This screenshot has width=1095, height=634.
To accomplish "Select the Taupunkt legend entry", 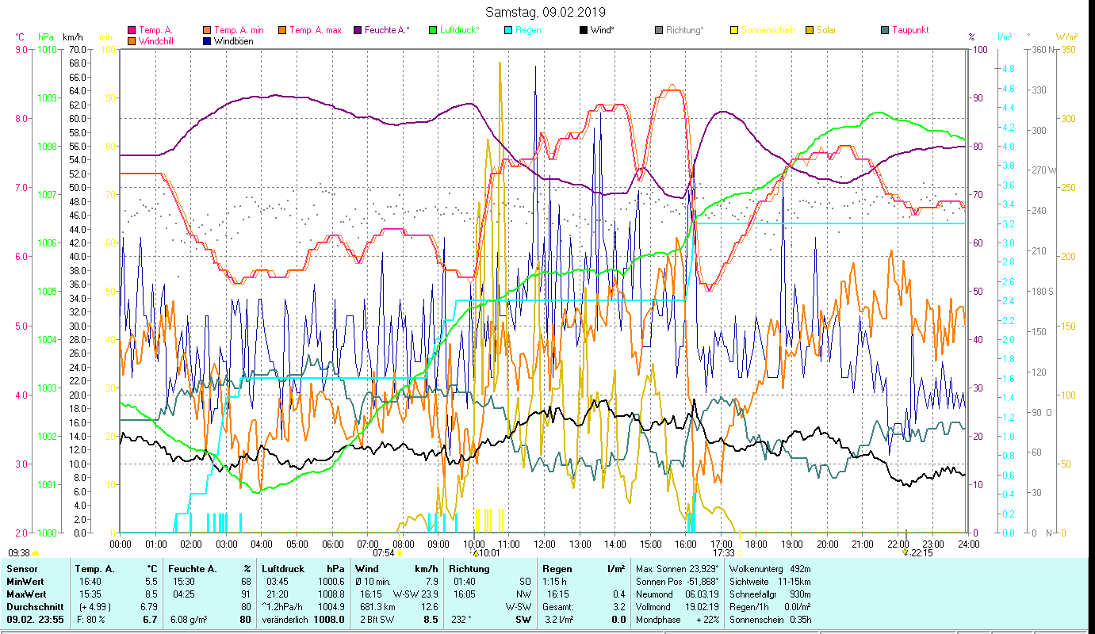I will pos(909,31).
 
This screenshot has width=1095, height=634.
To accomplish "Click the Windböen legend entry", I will pos(233,41).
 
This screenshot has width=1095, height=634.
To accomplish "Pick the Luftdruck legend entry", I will pos(459,31).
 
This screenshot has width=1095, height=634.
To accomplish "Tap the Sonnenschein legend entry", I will pos(773,31).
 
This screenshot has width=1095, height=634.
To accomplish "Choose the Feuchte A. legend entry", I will pos(386,31).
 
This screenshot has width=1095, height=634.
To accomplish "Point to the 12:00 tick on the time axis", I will pos(545,544).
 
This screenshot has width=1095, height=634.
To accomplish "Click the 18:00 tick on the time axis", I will pos(756,544).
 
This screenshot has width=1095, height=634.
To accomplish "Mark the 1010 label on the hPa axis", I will pos(47,49).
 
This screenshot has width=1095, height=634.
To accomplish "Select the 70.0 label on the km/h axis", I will pos(77,49).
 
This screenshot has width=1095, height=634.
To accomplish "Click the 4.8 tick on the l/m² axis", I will pos(1008,69).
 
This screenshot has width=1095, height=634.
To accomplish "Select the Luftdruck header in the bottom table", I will pos(284,569).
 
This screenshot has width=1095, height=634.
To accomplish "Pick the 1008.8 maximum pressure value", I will pos(331,594).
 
